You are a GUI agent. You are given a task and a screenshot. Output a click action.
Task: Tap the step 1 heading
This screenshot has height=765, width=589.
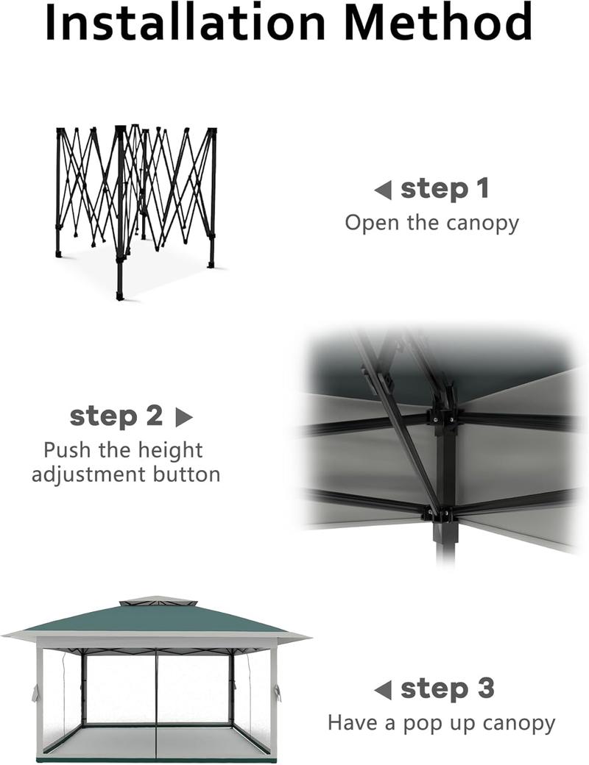point(445,189)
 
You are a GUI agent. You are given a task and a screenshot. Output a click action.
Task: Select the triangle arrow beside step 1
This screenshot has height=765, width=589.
point(382,191)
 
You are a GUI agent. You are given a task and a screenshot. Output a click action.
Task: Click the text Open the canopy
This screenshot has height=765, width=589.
point(431,223)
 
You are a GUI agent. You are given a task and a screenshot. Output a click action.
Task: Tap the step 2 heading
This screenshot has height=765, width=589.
point(116,416)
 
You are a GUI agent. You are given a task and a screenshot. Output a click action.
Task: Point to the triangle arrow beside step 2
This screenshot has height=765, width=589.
point(183,418)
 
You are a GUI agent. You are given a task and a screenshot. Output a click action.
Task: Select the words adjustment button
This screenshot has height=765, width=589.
point(125,474)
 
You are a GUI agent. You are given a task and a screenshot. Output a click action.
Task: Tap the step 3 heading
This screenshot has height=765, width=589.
point(447,689)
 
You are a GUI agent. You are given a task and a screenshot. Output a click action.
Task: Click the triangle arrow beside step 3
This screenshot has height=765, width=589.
point(382,691)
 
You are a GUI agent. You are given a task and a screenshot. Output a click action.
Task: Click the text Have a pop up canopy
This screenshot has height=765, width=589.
point(441,723)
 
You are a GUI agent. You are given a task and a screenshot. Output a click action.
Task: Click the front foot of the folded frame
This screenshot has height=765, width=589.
point(120,296)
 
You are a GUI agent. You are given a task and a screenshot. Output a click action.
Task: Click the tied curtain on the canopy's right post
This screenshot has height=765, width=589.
point(276,692)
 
